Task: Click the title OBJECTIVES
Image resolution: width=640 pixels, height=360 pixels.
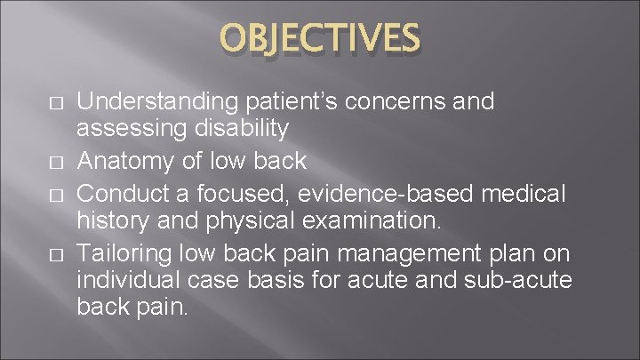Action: click(x=320, y=38)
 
